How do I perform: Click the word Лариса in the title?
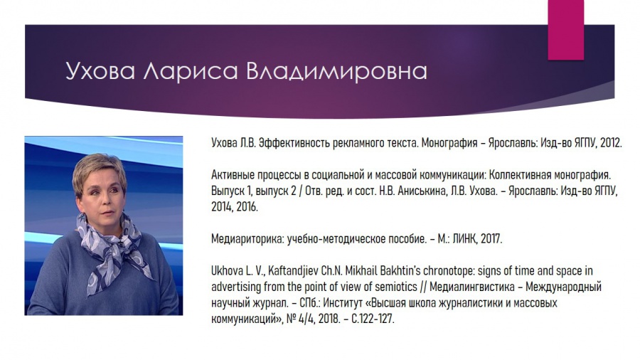click(190, 71)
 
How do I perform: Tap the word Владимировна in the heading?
click(337, 71)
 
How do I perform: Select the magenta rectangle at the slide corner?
click(566, 30)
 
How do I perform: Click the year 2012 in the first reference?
click(611, 143)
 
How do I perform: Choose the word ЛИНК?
click(465, 239)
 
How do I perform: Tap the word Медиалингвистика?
click(472, 287)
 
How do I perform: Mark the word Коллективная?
click(516, 175)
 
